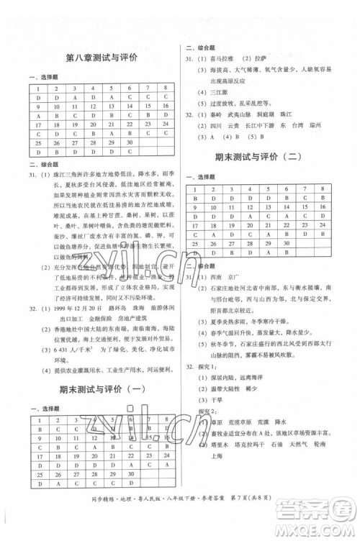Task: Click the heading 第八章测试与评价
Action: point(102,58)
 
